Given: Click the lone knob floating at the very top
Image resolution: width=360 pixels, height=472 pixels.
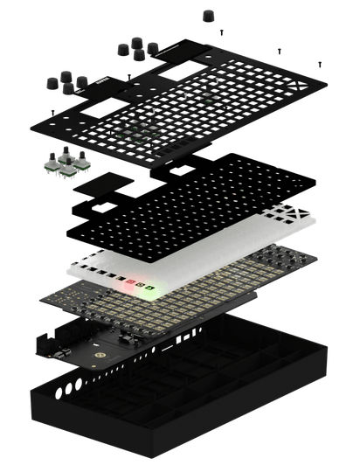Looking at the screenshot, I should click(208, 16).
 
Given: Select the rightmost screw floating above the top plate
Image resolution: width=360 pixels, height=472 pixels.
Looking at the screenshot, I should click(320, 63).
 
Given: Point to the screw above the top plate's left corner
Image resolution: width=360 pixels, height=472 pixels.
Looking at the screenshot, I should click(54, 111).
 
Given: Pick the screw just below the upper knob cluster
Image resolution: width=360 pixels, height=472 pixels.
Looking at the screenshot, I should click(128, 75).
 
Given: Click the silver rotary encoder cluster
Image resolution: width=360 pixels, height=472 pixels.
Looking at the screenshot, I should click(66, 164).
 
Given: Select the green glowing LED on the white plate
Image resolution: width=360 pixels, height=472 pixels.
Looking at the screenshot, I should click(149, 288).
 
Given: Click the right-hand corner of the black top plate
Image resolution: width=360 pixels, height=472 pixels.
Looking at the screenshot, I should click(328, 84).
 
